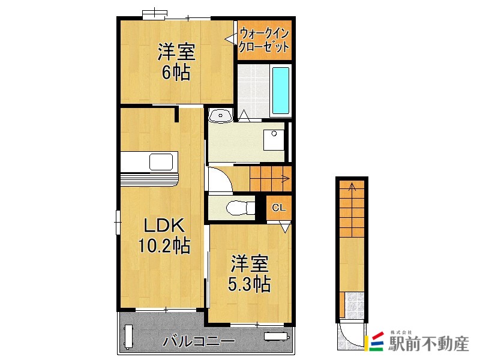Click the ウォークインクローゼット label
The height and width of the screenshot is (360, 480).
tap(264, 40)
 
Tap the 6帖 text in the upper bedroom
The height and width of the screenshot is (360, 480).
tap(176, 72)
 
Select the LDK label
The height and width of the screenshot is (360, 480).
tap(164, 226)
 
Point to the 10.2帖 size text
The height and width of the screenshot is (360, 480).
tap(164, 245)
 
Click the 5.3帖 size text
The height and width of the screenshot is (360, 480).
tap(250, 284)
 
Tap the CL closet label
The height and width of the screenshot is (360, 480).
tap(278, 208)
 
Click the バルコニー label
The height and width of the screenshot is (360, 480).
tap(199, 341)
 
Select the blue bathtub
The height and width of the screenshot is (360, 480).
tap(281, 91)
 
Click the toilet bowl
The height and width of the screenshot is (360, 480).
tap(241, 208)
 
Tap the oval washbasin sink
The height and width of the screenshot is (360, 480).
tap(220, 116)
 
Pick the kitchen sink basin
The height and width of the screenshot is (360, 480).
tap(161, 161)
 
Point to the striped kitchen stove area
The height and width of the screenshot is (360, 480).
tap(149, 179)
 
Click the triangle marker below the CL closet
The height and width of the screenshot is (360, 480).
tap(285, 228)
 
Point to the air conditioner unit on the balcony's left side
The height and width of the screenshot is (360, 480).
tap(128, 337)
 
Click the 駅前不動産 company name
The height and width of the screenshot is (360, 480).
tap(429, 344)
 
